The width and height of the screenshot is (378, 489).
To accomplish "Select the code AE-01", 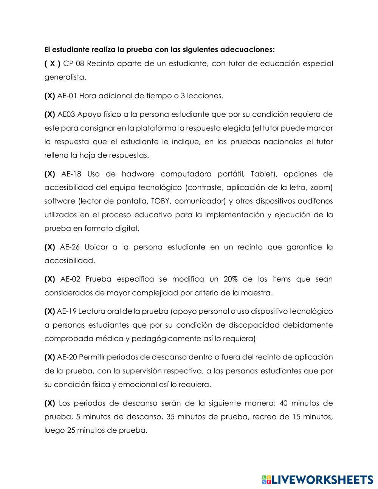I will point(67,96).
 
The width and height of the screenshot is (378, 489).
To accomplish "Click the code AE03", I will point(66,114).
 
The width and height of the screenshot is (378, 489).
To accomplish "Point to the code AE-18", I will point(71,174).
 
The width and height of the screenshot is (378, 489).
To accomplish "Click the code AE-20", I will point(67,357).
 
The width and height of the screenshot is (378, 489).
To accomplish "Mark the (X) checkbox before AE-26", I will point(50,247).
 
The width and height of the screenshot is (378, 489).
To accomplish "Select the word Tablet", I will point(262,174).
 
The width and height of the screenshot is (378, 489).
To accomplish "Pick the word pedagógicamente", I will point(166,339).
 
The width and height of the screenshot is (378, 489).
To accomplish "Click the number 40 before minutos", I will point(284,403).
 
